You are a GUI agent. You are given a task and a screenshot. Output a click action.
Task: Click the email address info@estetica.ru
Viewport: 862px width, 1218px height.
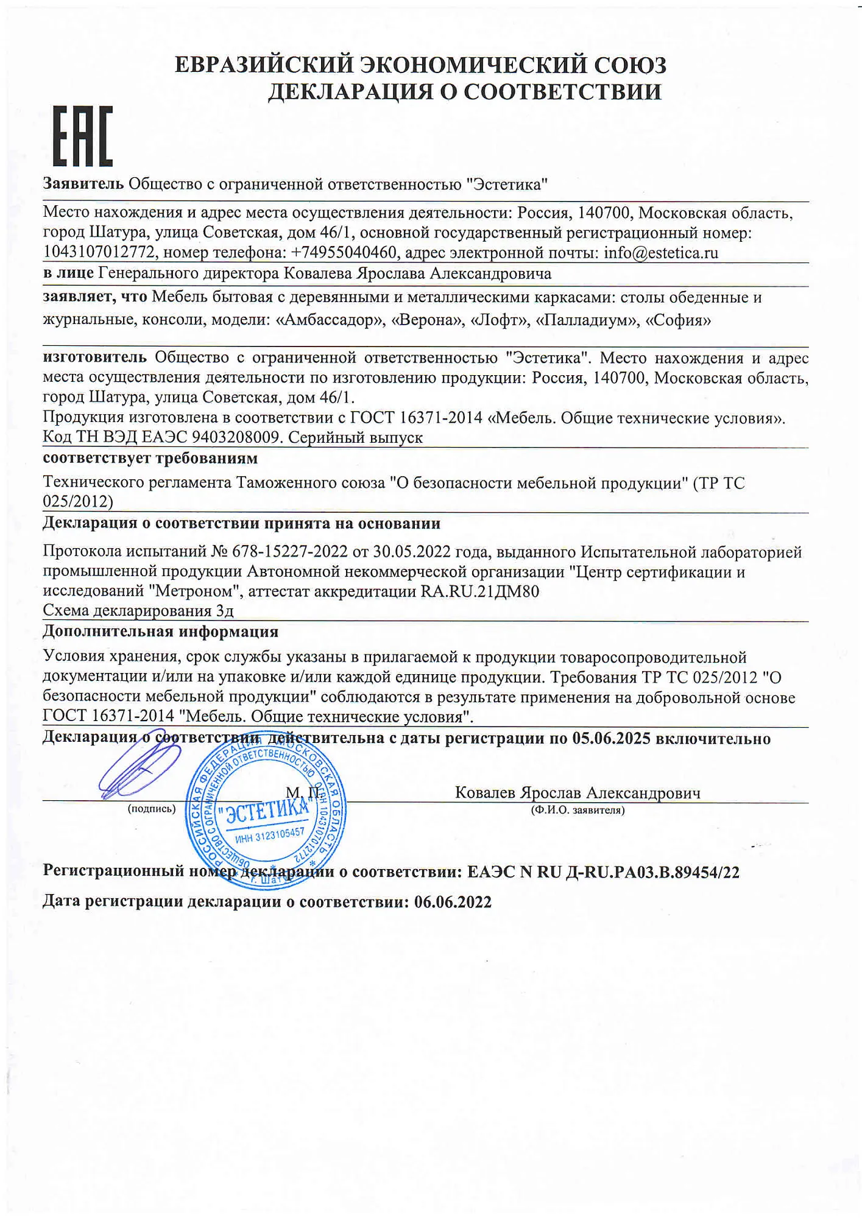coord(661,253)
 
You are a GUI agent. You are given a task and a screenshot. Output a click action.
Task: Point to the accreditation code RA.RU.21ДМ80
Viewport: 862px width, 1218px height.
coord(480,591)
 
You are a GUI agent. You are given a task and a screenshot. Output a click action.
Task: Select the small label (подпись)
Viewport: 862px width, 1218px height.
coord(151,809)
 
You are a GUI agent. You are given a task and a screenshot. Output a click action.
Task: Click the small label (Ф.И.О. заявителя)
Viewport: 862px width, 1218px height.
coord(578,810)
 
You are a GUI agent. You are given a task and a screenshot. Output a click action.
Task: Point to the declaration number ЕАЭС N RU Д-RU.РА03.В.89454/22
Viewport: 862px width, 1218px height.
coord(603,872)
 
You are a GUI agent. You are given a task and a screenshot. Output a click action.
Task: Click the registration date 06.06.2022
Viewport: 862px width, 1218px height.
coord(453,902)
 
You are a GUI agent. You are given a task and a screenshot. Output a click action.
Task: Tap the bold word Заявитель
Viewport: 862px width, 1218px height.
coord(83,184)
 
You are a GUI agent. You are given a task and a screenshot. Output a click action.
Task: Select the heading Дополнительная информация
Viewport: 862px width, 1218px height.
coord(160,632)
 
